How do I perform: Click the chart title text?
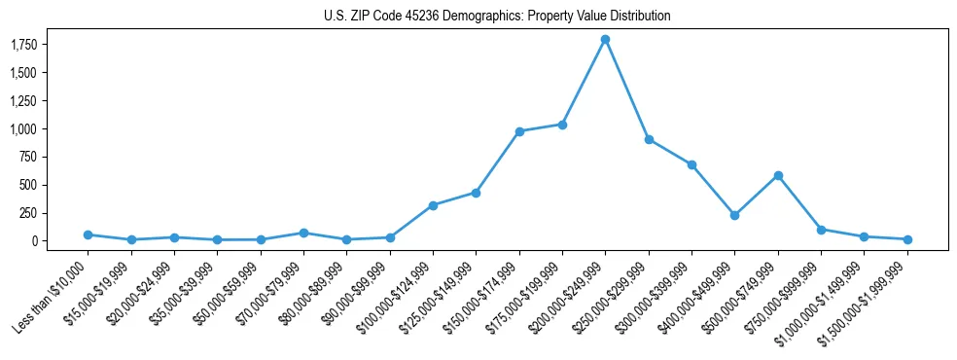(x=497, y=16)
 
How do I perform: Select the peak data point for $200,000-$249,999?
(x=605, y=40)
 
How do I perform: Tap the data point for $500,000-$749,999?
(x=778, y=175)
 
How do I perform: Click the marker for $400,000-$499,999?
(x=734, y=215)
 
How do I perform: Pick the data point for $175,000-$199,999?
(x=562, y=125)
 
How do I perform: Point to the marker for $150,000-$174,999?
(x=519, y=131)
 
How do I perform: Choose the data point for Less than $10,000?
(x=88, y=234)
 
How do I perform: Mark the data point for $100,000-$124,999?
(x=433, y=205)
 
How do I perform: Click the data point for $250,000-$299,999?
(x=649, y=139)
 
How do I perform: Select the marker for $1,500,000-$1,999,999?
(x=907, y=239)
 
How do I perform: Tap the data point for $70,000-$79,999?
(x=303, y=233)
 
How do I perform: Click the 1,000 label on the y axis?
(x=23, y=128)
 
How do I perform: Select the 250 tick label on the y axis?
(x=29, y=213)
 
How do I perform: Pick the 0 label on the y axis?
(x=35, y=241)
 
